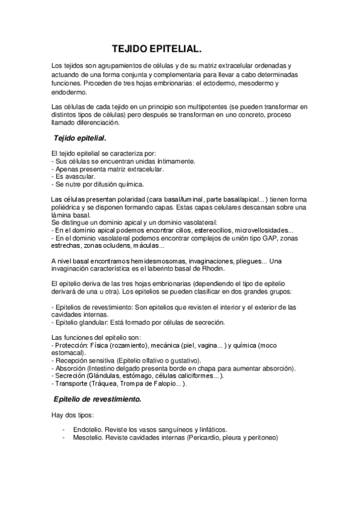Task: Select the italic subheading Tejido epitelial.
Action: coord(80,138)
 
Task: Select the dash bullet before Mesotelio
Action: coord(64,438)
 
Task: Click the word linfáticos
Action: coord(213,430)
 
